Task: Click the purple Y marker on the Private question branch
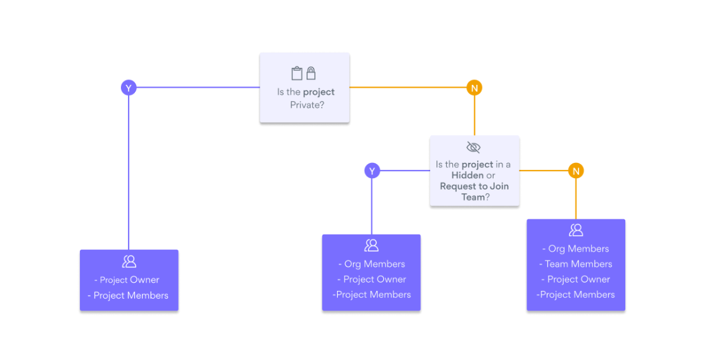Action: [x=129, y=88]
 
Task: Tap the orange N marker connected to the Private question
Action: [x=474, y=88]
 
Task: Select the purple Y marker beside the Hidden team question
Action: [x=372, y=170]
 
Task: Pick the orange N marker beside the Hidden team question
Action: [x=575, y=170]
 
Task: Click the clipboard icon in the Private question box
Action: [x=296, y=73]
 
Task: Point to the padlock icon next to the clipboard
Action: [x=311, y=73]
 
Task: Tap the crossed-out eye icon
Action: [x=473, y=148]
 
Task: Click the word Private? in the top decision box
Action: [x=307, y=105]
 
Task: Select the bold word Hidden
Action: [x=468, y=176]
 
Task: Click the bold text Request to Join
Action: [x=474, y=186]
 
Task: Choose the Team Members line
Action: [x=575, y=264]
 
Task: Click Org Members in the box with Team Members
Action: [x=575, y=249]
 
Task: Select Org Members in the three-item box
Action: [x=371, y=264]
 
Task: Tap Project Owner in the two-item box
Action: [x=129, y=280]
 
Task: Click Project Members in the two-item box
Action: [x=129, y=295]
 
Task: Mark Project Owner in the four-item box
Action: [x=575, y=280]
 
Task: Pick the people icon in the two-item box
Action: [x=129, y=261]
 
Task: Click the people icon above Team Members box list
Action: [x=575, y=230]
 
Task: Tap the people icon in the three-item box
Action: [x=371, y=245]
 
